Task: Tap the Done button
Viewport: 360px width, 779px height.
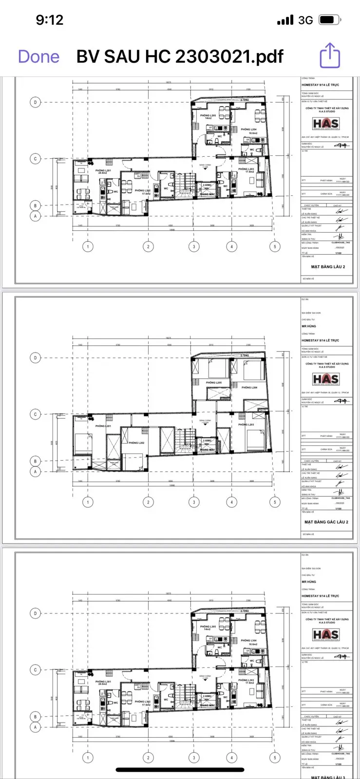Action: click(38, 56)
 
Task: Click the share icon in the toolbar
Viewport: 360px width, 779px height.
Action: click(330, 56)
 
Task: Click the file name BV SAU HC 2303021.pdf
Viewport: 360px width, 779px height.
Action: click(180, 56)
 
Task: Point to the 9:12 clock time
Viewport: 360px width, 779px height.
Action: click(49, 20)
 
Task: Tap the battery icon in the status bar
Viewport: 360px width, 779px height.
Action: click(329, 20)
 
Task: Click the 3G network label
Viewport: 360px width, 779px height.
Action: click(305, 20)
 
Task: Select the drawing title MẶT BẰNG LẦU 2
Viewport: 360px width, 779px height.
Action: click(328, 267)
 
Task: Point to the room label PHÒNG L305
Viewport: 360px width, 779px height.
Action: click(208, 627)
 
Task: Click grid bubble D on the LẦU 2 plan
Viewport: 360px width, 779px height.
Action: click(35, 102)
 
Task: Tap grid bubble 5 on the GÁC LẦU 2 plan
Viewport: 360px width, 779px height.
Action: click(275, 502)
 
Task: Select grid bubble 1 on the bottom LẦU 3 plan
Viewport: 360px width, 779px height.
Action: click(88, 758)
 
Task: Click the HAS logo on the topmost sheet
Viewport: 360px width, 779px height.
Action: click(325, 124)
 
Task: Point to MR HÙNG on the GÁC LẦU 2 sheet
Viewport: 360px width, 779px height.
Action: click(309, 326)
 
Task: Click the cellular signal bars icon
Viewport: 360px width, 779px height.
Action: click(285, 20)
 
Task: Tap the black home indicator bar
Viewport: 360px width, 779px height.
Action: click(180, 770)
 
